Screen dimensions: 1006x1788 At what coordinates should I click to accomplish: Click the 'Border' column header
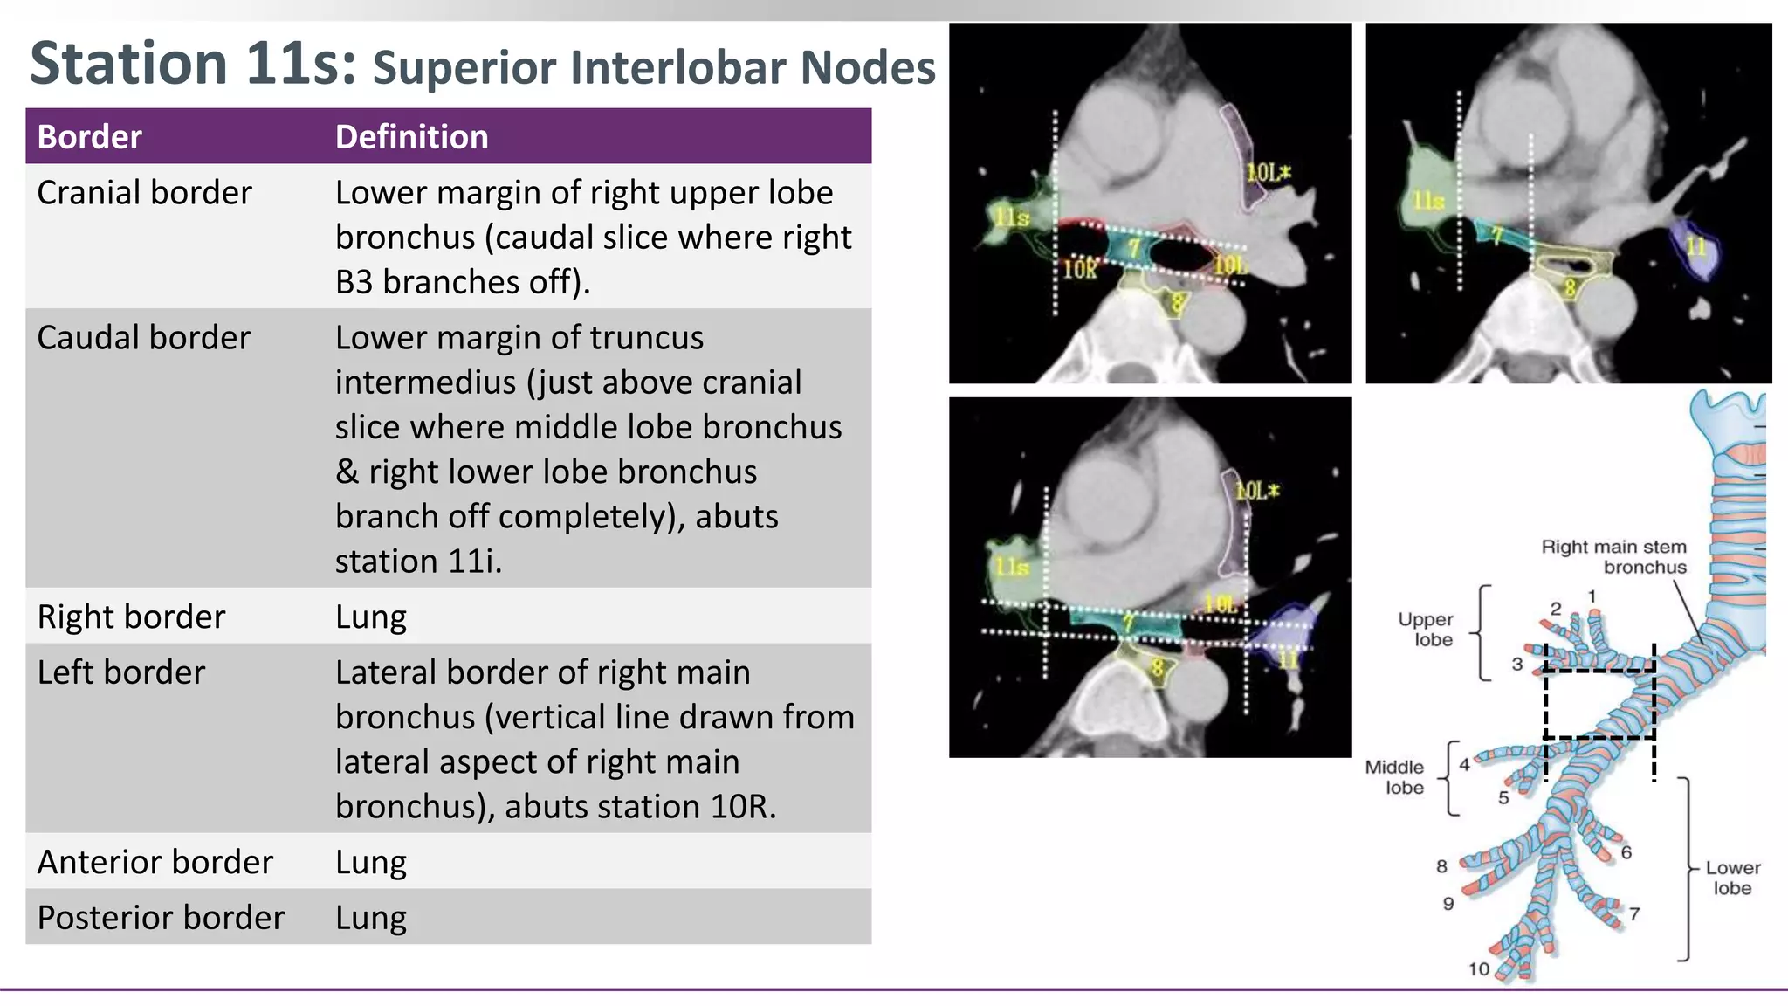[89, 137]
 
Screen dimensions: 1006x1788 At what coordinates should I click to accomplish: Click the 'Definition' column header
[411, 137]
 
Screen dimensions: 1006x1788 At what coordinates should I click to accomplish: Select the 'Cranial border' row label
[144, 192]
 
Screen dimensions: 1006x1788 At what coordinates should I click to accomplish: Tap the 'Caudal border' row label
[143, 337]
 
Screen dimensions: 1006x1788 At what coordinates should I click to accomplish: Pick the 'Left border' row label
[120, 672]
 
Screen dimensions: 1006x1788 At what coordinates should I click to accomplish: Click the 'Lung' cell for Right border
[370, 617]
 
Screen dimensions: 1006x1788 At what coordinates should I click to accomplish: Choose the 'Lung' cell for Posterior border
[370, 918]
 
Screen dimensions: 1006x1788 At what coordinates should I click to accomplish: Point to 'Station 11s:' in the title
[193, 63]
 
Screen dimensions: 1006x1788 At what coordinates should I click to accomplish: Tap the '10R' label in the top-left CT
[1080, 269]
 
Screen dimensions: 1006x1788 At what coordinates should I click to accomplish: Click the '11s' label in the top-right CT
[1428, 201]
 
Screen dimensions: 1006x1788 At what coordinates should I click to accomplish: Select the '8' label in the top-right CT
[1569, 287]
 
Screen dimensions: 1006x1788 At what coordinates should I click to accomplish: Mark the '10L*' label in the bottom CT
[1256, 491]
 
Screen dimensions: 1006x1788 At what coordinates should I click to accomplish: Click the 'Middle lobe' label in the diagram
[1395, 776]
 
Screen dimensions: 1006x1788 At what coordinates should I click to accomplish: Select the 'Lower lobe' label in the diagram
[1732, 878]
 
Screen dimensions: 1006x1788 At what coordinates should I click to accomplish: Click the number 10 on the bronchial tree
[1478, 968]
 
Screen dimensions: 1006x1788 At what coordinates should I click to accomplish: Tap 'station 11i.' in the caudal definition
[418, 561]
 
